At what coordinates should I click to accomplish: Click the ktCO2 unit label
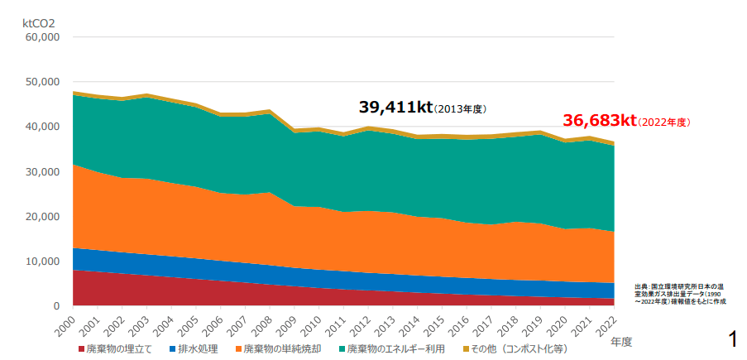(x=38, y=23)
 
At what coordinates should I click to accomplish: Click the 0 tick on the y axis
(x=55, y=306)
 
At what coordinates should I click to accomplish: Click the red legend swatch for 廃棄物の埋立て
(x=81, y=349)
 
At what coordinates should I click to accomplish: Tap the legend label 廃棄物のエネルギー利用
(x=395, y=349)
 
